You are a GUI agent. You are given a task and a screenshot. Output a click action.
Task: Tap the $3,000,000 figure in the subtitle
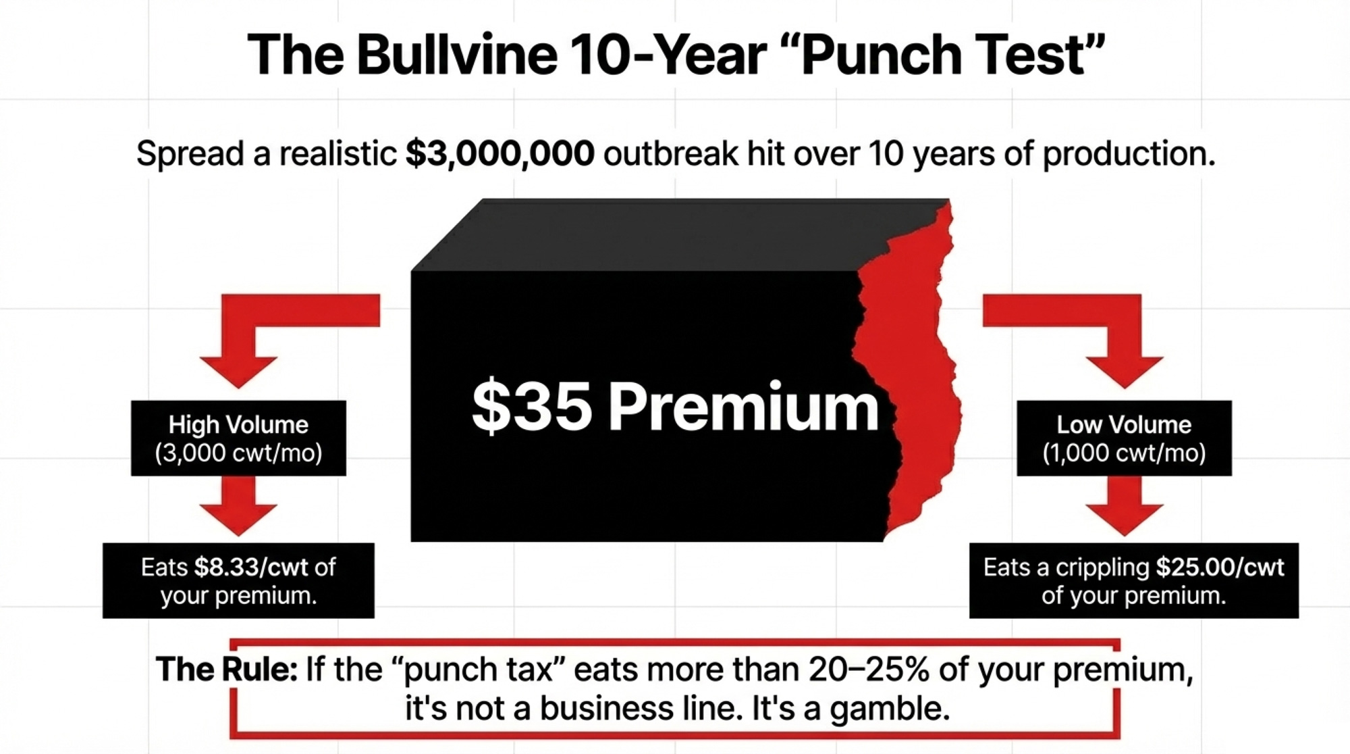coord(500,153)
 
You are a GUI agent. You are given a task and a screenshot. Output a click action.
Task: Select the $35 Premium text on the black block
coord(675,407)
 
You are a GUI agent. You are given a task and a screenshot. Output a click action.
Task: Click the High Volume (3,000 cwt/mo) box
coord(238,438)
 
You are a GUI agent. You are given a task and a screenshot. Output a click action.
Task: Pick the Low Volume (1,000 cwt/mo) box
coord(1124,438)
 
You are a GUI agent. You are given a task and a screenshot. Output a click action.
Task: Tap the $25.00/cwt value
coord(1220,567)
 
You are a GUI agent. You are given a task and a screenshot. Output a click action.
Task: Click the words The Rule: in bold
coord(226,670)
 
